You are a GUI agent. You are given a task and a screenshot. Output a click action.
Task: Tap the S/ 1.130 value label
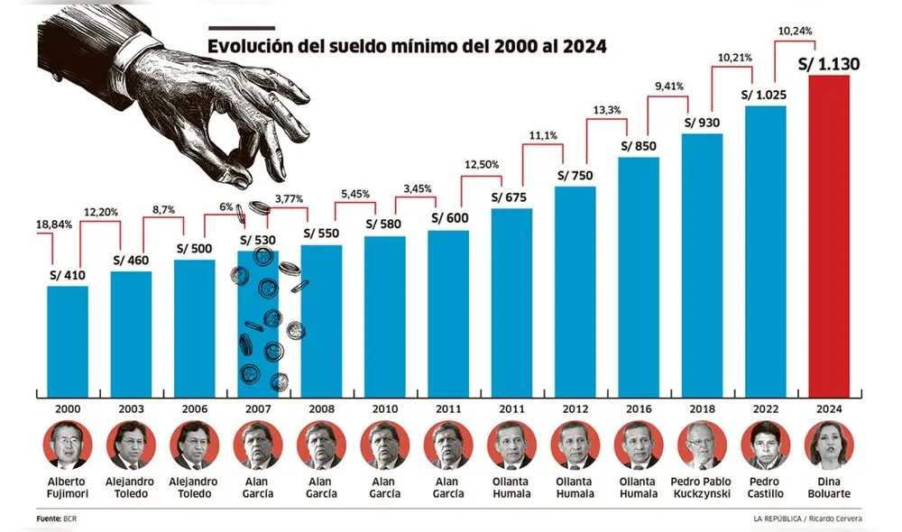pos(829,63)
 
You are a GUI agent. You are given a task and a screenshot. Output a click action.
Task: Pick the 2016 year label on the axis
pos(639,408)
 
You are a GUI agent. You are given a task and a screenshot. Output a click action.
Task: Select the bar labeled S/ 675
pos(511,302)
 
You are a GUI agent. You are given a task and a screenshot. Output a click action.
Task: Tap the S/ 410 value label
pos(68,274)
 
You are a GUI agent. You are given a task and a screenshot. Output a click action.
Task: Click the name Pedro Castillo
pos(765,488)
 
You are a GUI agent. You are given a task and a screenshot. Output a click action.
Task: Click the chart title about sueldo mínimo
pos(407,46)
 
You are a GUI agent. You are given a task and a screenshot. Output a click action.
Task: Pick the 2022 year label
pos(765,408)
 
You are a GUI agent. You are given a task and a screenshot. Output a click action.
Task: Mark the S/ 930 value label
pos(702,123)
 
